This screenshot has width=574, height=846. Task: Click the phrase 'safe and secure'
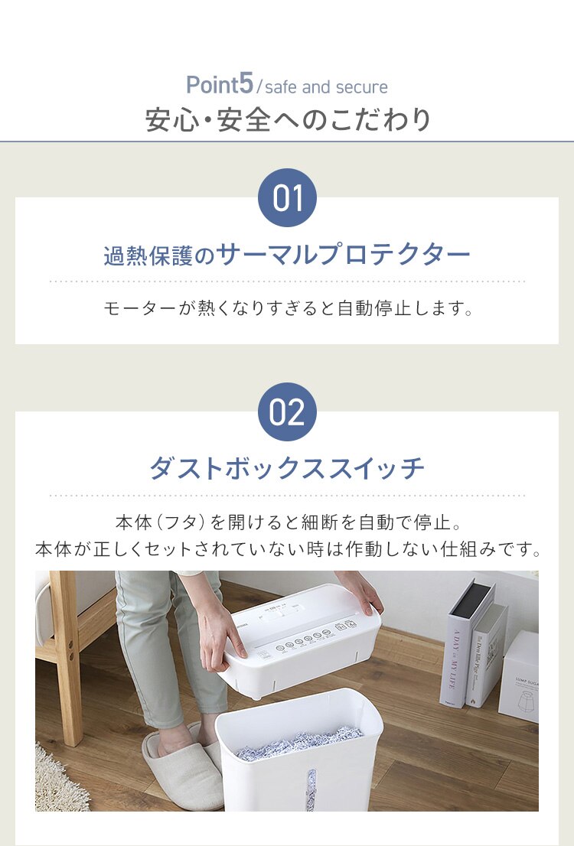click(326, 87)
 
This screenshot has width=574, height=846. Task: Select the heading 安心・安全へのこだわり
click(288, 120)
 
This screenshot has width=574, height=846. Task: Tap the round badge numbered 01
click(287, 198)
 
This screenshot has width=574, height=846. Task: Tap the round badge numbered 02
click(287, 412)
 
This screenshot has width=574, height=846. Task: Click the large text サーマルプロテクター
click(344, 255)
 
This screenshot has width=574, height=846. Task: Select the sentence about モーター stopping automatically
click(287, 309)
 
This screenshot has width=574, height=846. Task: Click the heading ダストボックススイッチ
click(287, 468)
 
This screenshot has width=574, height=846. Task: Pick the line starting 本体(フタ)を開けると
click(287, 523)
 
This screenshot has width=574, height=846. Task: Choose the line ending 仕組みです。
click(287, 549)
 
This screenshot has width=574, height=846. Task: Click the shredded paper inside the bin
click(298, 741)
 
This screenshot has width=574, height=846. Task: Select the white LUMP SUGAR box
click(520, 677)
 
